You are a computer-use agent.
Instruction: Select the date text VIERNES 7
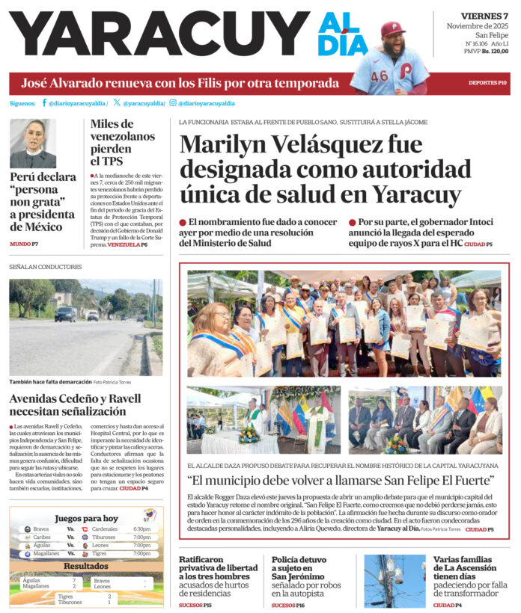pyautogui.click(x=484, y=16)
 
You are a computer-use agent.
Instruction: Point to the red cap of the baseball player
pyautogui.click(x=392, y=28)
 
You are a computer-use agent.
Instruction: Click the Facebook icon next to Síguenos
pyautogui.click(x=44, y=103)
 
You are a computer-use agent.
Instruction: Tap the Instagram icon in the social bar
pyautogui.click(x=173, y=103)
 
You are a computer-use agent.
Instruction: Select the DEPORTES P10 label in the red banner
pyautogui.click(x=487, y=82)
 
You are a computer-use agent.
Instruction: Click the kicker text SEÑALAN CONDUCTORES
pyautogui.click(x=45, y=267)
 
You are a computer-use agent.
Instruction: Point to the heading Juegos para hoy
pyautogui.click(x=86, y=518)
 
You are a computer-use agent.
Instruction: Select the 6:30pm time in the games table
pyautogui.click(x=141, y=529)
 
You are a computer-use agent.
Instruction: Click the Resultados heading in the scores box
pyautogui.click(x=85, y=567)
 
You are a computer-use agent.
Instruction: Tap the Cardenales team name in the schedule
pyautogui.click(x=105, y=529)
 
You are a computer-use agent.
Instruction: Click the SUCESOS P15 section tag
pyautogui.click(x=195, y=606)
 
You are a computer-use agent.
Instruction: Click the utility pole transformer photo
pyautogui.click(x=394, y=581)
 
